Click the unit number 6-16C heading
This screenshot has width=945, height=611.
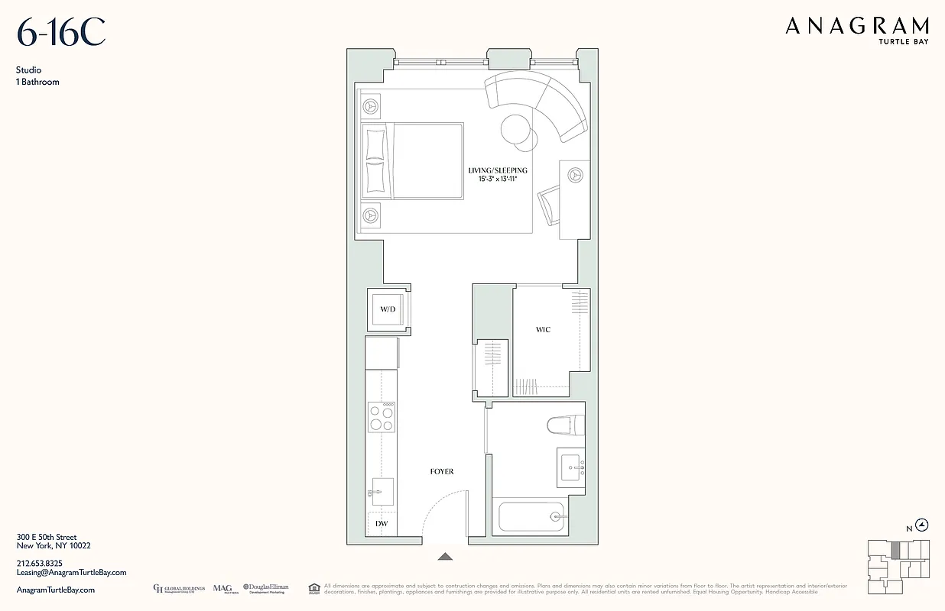pos(61,33)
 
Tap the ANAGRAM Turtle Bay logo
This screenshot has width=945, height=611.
pos(856,30)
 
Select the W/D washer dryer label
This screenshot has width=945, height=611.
pos(388,309)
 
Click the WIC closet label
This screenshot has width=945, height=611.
pos(542,330)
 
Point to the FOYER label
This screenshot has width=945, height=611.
pos(441,472)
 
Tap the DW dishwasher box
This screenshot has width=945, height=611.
pos(382,523)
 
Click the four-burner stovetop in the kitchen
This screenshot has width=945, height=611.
pos(382,418)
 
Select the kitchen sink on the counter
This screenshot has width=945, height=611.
pos(382,492)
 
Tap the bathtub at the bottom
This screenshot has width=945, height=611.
pos(531,517)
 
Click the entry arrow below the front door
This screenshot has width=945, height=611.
pos(445,557)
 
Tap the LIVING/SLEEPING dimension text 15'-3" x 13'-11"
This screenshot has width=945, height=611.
pos(498,179)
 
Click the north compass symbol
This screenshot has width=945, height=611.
pos(922,525)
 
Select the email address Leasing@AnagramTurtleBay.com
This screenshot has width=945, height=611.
pos(71,572)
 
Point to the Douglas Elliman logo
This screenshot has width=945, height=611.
pos(266,588)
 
